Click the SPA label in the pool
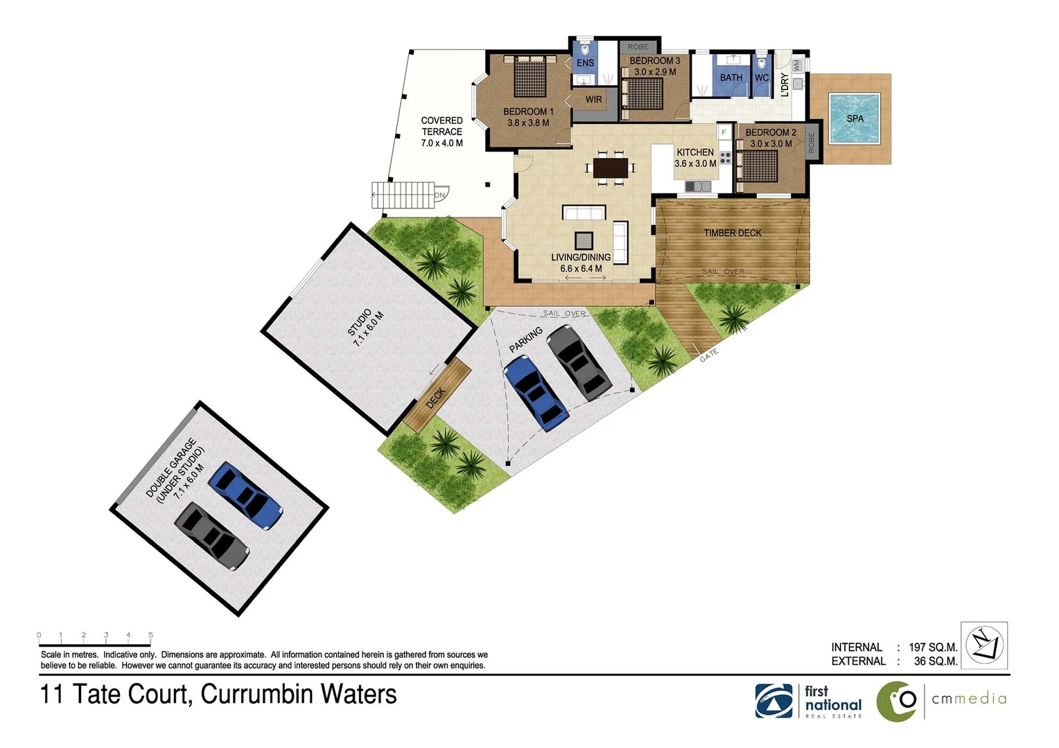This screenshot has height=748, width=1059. click(855, 118)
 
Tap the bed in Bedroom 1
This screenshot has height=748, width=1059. click(531, 75)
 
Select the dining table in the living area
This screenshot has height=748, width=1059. click(610, 168)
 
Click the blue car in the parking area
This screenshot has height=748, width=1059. click(536, 393)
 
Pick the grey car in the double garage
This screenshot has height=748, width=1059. click(211, 535)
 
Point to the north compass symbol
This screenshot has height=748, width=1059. click(986, 645)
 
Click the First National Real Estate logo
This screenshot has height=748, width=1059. click(809, 701)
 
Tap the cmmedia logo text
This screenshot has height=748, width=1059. click(968, 699)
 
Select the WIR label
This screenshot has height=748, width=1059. click(593, 100)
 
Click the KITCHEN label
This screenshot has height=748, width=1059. click(694, 152)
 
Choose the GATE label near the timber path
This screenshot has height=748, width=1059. click(708, 355)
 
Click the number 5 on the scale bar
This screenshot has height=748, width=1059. click(150, 634)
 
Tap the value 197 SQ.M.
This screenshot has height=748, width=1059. click(933, 647)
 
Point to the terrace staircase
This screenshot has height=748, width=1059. click(403, 195)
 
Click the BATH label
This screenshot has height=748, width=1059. click(730, 78)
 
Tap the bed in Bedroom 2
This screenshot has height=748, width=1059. click(760, 166)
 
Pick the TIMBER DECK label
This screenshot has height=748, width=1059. click(732, 233)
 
